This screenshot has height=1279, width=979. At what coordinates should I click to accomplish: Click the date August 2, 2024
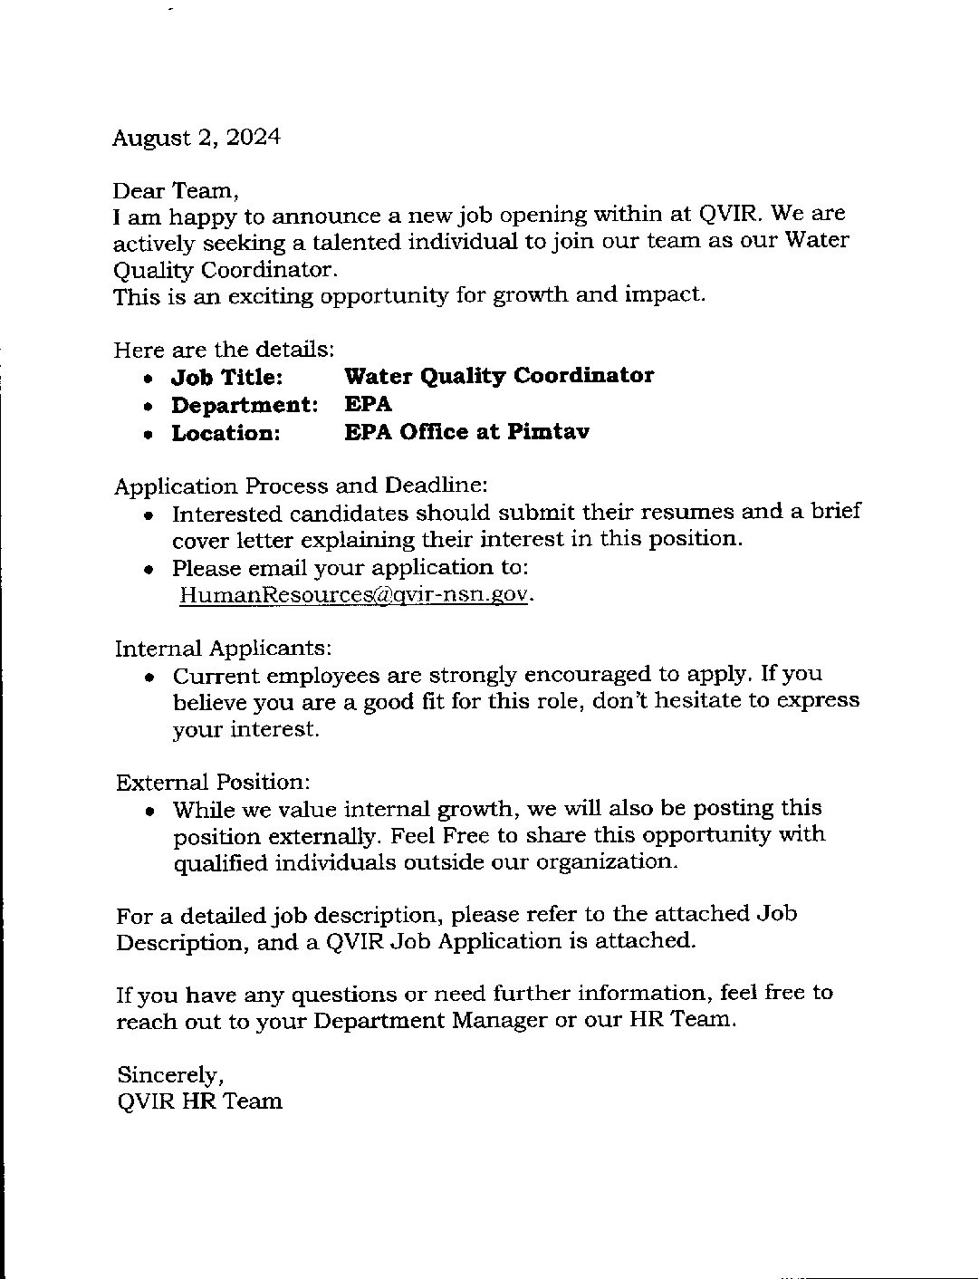coord(196,138)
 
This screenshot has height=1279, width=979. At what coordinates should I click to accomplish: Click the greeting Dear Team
coord(176,191)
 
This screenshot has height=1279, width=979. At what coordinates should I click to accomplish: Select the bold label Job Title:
coord(227,377)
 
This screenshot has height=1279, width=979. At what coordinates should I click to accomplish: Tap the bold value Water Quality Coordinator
coord(499,376)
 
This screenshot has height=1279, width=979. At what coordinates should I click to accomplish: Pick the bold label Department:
coord(245,405)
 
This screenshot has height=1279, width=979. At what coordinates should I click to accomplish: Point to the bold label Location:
coord(226,433)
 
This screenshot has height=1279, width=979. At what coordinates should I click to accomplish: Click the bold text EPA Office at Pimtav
coord(466,432)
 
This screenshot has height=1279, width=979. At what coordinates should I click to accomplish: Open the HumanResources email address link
coord(352,595)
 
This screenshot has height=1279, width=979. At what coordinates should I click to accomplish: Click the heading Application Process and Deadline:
coord(301,486)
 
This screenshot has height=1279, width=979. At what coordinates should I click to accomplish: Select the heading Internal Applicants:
coord(223,649)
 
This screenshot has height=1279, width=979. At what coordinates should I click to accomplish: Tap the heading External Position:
coord(213,782)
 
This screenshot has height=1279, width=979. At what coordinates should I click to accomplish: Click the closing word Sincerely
coord(169,1075)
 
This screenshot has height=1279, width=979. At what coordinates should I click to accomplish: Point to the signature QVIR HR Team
coord(199,1101)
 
